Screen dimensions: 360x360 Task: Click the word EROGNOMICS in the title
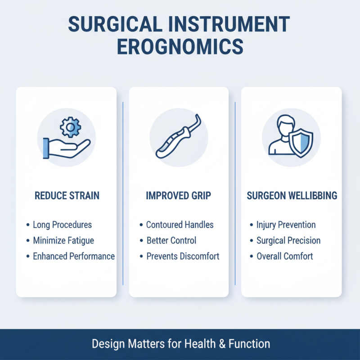(180, 47)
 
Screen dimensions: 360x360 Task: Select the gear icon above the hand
(70, 128)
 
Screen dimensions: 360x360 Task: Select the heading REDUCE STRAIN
(67, 196)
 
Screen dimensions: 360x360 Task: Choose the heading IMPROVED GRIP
(179, 196)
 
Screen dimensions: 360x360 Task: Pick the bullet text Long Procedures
(62, 225)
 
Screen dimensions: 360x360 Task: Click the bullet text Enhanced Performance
(74, 256)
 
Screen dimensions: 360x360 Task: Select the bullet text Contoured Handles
(180, 225)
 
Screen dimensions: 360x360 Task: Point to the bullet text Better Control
(171, 240)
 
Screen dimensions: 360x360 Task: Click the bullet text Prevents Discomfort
(183, 256)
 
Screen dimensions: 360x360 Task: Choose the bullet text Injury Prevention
(286, 225)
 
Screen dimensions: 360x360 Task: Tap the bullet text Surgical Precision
(288, 240)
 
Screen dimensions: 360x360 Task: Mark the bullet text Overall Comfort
(284, 256)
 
